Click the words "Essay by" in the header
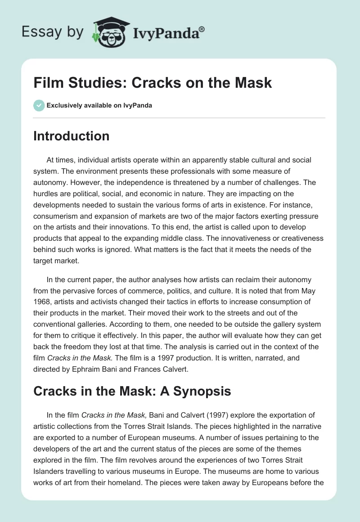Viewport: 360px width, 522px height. point(53,32)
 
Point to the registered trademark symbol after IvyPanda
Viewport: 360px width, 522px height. point(202,29)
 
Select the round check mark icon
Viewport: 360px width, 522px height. point(39,105)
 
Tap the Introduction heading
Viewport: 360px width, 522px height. point(71,136)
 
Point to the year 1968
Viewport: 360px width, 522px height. point(44,290)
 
